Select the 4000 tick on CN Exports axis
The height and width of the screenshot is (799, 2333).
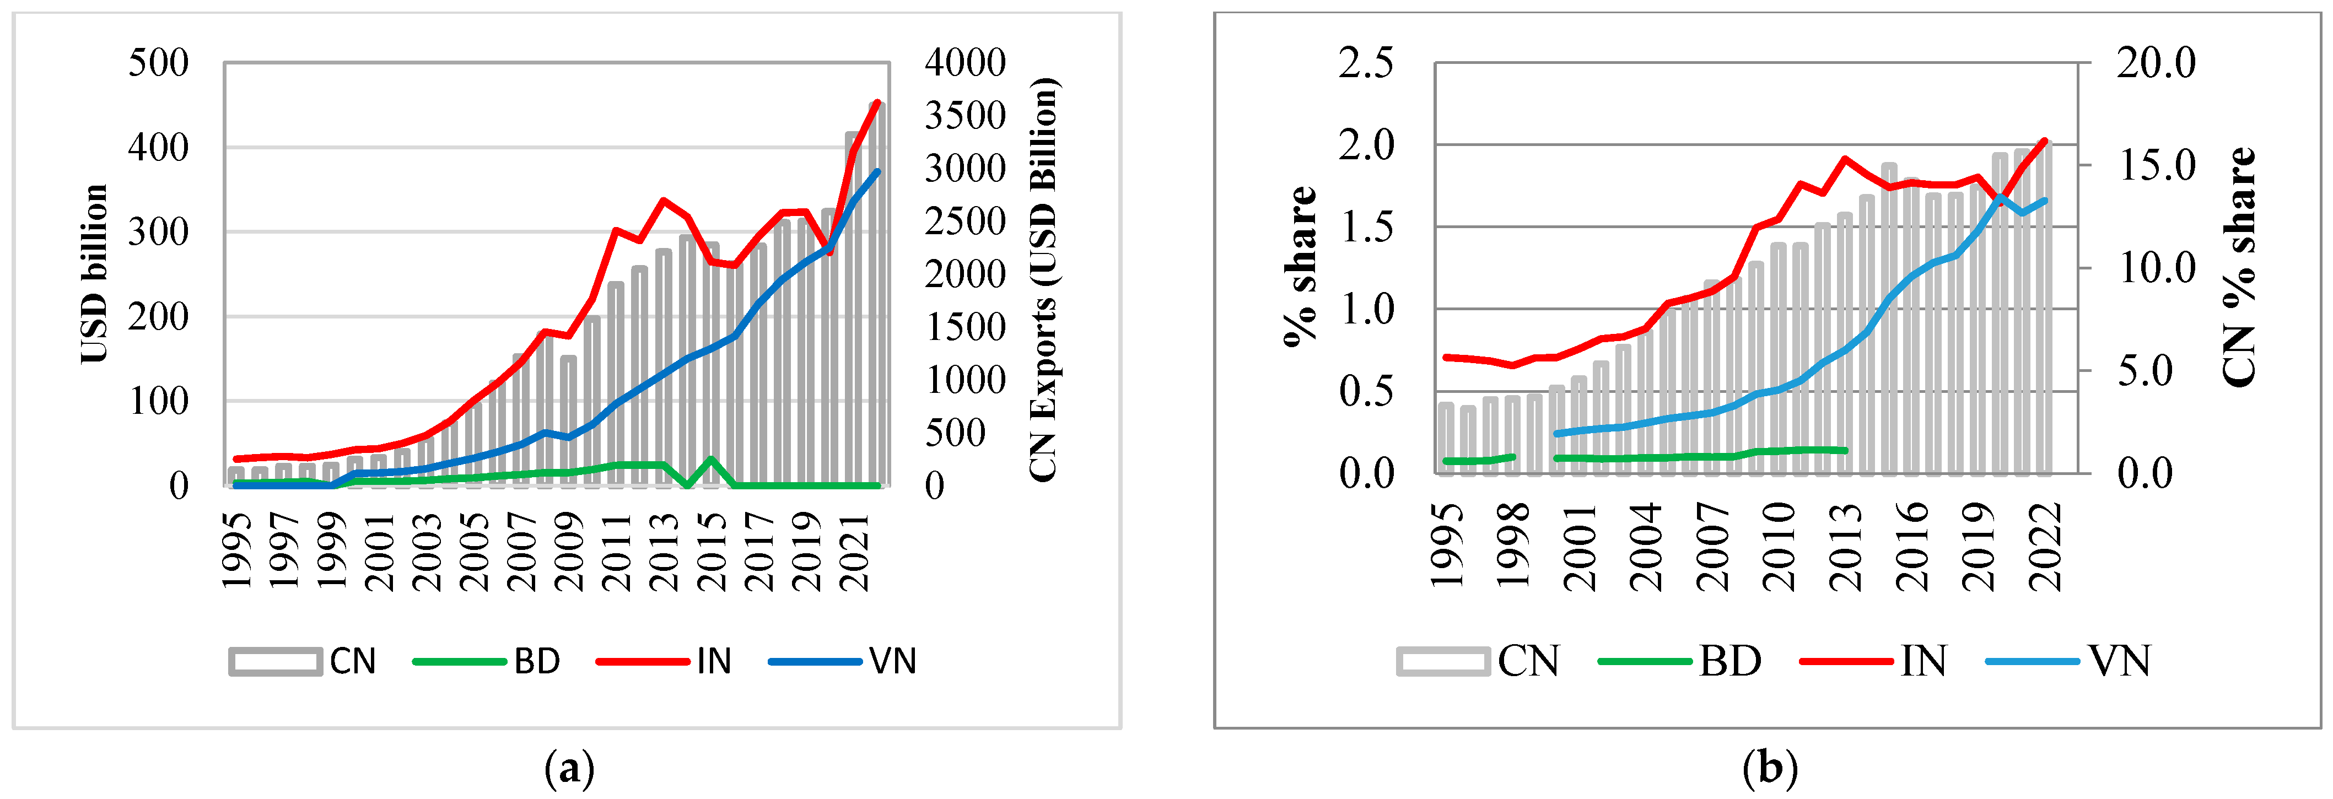click(x=965, y=63)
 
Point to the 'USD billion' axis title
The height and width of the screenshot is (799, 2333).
click(x=94, y=273)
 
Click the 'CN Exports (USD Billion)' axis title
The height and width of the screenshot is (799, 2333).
click(x=1043, y=279)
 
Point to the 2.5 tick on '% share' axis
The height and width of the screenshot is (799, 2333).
click(x=1366, y=63)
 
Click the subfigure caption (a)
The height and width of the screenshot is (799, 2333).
click(x=570, y=769)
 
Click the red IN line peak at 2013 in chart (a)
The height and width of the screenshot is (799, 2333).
click(x=664, y=200)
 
